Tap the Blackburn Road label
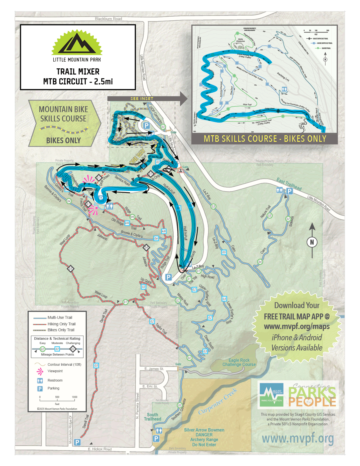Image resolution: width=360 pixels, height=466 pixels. [x=108, y=19]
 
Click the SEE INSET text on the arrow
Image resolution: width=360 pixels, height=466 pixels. [x=142, y=99]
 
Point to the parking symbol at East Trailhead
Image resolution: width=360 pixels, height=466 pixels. [x=289, y=191]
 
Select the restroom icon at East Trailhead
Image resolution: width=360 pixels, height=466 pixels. [x=280, y=190]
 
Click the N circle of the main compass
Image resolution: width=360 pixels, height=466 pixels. [x=312, y=242]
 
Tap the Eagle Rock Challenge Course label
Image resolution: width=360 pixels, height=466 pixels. [x=239, y=362]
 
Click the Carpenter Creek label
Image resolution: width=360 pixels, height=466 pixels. [x=217, y=401]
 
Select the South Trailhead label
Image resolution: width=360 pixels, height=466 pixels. [x=152, y=417]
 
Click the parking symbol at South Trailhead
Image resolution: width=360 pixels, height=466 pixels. [x=156, y=439]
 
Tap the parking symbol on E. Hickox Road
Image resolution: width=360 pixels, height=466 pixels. [x=77, y=442]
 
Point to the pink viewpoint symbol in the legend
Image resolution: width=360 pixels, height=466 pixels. [x=40, y=371]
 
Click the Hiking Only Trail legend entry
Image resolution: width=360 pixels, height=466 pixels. [x=61, y=324]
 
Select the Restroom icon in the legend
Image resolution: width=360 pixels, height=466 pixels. [x=40, y=380]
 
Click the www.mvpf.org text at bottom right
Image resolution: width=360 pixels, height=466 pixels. [x=298, y=439]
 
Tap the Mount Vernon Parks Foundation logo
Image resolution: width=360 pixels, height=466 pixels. [x=271, y=395]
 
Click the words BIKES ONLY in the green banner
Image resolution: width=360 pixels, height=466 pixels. [x=64, y=140]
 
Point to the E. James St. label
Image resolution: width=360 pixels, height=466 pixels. [x=154, y=369]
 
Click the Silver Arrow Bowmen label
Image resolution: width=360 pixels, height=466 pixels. [x=204, y=430]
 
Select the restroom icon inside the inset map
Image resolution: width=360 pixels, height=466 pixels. [x=284, y=90]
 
